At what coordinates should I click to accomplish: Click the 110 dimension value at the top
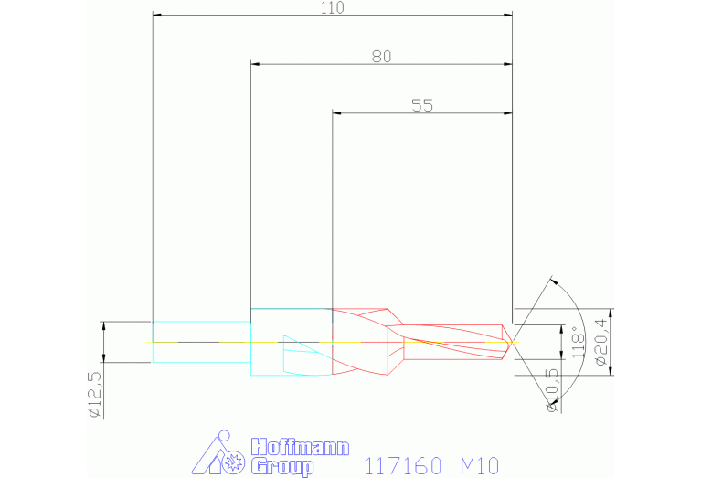point(333,7)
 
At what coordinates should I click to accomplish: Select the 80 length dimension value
point(381,57)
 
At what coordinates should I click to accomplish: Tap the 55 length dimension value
point(422,105)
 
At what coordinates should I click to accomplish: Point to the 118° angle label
point(578,342)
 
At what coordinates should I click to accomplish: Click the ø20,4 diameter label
point(601,342)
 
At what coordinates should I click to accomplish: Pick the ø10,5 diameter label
point(553,390)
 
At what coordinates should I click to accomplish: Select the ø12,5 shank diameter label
point(96,395)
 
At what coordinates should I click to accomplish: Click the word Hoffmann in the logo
point(300,447)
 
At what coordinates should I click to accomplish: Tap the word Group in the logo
point(282,467)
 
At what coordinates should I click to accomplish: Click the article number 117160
point(403,466)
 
